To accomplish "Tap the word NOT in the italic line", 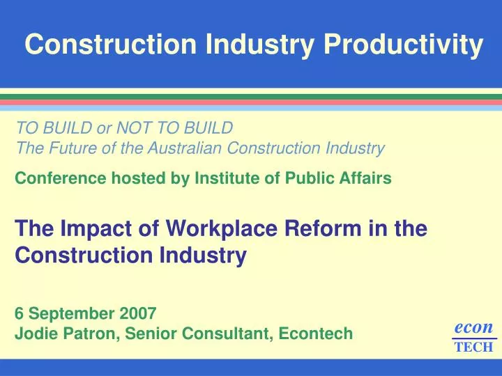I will click(x=139, y=128).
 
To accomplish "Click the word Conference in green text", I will click(x=56, y=178).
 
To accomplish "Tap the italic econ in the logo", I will click(x=473, y=327).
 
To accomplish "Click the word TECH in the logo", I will click(x=473, y=347).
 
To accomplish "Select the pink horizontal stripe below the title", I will click(x=251, y=102).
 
